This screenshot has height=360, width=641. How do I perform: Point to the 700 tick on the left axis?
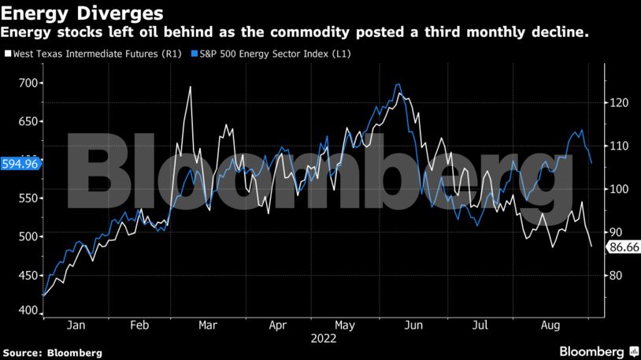tap(28, 83)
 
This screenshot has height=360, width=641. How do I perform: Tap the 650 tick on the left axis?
tap(28, 121)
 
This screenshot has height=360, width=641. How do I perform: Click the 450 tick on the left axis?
tap(28, 275)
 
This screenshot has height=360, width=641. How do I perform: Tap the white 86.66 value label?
tap(621, 247)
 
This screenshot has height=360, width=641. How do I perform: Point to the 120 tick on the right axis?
tap(616, 102)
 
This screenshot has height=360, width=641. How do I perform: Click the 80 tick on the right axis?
tap(613, 275)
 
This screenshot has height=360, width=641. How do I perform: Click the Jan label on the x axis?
tap(76, 325)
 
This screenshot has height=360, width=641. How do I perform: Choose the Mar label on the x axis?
tap(209, 325)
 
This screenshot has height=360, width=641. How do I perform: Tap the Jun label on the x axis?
tap(414, 325)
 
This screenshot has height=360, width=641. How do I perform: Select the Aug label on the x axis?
tap(550, 325)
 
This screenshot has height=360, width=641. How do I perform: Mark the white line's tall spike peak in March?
tap(191, 87)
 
